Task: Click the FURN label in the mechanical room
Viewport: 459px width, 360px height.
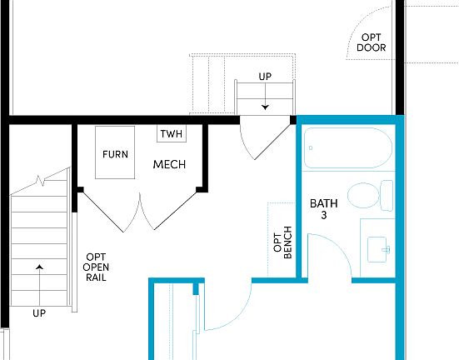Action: pyautogui.click(x=115, y=154)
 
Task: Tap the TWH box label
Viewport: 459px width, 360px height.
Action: pyautogui.click(x=172, y=134)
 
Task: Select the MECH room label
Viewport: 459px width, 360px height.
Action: pyautogui.click(x=169, y=164)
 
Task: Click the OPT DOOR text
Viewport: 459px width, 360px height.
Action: pyautogui.click(x=372, y=42)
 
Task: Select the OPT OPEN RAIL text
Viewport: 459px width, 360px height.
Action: pyautogui.click(x=97, y=267)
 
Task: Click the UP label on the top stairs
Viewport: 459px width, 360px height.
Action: pyautogui.click(x=265, y=77)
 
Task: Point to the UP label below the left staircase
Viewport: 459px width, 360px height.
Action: pyautogui.click(x=39, y=314)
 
